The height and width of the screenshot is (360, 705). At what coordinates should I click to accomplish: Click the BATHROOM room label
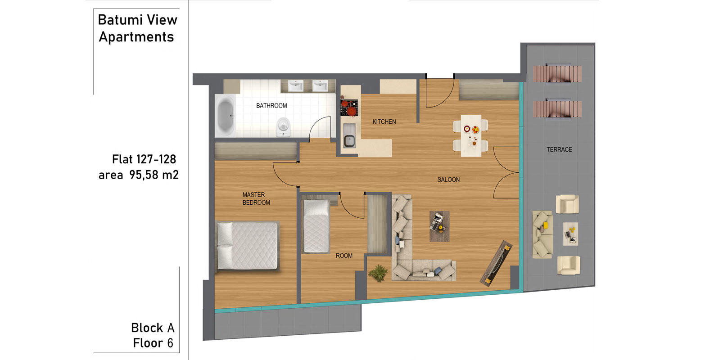271,106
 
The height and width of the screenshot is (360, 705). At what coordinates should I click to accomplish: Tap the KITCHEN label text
384,122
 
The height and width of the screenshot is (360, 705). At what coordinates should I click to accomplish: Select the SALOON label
448,180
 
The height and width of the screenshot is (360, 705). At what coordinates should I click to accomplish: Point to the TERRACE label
559,150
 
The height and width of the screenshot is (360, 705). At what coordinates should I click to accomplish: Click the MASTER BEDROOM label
256,198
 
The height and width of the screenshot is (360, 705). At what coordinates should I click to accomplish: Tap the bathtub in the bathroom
226,116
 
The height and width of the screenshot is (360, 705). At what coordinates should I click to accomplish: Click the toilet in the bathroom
283,127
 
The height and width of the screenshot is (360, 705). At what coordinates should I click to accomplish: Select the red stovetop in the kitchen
349,108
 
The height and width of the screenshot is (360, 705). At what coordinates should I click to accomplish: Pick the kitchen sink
349,135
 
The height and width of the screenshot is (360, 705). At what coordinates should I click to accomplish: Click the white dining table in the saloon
471,135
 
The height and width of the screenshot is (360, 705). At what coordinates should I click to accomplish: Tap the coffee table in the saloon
439,226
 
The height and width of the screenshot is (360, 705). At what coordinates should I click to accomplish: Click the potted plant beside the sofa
378,273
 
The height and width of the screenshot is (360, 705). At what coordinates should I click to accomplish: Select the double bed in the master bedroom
247,246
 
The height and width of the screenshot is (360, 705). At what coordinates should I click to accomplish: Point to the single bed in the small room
316,226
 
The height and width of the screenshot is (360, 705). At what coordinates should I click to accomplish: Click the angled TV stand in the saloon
496,263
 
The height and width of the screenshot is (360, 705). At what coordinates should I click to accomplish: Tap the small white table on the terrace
570,234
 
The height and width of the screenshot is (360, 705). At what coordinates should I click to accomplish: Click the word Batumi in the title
121,20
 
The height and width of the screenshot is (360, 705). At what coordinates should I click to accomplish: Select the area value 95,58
144,175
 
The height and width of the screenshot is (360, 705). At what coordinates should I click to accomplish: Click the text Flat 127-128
144,160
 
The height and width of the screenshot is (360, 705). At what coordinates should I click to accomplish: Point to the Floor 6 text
153,343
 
